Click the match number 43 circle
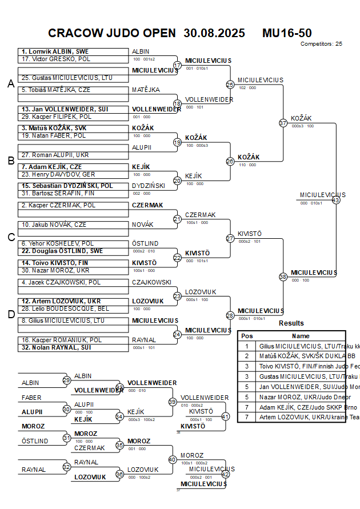(x=336, y=200)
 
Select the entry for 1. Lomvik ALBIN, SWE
(x=55, y=51)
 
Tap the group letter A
(x=10, y=84)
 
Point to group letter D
(x=10, y=314)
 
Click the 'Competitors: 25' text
(x=321, y=43)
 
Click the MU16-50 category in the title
(x=287, y=33)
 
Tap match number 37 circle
(x=283, y=123)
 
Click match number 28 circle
(x=230, y=315)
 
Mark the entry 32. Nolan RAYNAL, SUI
(x=57, y=347)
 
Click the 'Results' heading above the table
(x=291, y=323)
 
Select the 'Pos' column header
(x=247, y=336)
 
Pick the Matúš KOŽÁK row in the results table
(x=291, y=356)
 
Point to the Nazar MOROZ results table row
(x=291, y=397)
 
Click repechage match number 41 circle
(x=225, y=416)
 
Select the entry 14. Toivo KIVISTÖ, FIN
(x=56, y=263)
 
